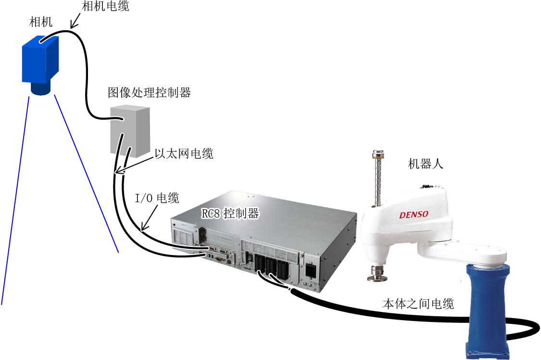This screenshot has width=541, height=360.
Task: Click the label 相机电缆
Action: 105,6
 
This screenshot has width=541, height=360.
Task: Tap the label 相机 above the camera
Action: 41,22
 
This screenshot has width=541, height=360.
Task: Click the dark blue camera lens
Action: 41,89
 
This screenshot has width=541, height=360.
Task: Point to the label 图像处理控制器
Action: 149,92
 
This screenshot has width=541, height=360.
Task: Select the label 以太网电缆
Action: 184,153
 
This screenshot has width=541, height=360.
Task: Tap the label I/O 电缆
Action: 157,198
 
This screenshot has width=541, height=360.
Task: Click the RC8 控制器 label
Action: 230,213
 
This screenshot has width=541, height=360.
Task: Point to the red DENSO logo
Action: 414,215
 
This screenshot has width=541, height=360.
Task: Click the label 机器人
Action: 426,163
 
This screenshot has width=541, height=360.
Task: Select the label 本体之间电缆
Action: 418,304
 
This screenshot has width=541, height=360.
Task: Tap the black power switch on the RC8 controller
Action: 311,270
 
